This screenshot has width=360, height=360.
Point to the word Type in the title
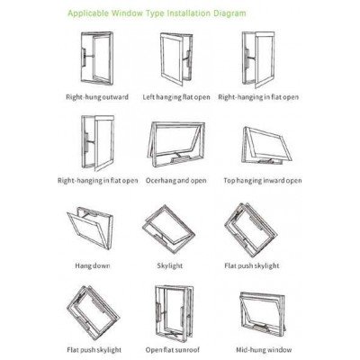(x=155, y=13)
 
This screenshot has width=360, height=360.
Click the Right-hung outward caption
(x=97, y=97)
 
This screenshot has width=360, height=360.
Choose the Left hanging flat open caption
(x=176, y=97)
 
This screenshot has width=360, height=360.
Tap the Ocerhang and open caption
(x=176, y=181)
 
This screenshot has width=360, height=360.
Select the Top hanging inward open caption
(x=263, y=181)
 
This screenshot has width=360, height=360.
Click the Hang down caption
(x=93, y=265)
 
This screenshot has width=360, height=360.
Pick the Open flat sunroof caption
(x=173, y=350)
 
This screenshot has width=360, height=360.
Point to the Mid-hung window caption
(x=264, y=350)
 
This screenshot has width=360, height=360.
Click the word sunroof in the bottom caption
(x=187, y=350)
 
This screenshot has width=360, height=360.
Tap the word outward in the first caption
(x=115, y=97)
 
